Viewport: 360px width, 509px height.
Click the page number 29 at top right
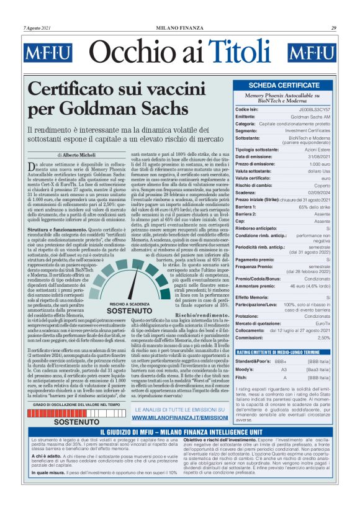coord(333,27)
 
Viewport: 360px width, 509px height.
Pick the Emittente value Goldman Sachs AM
coord(310,116)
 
